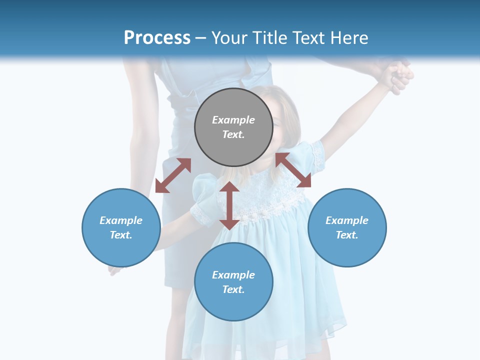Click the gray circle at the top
click(233, 127)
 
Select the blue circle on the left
click(121, 227)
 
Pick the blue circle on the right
click(347, 227)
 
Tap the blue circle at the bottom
click(233, 282)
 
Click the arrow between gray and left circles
click(173, 175)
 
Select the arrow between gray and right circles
click(293, 170)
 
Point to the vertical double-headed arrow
click(229, 205)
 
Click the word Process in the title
click(157, 37)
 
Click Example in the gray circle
click(233, 120)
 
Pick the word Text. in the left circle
click(121, 235)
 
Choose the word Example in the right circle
click(347, 220)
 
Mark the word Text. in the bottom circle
click(233, 289)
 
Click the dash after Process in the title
click(201, 37)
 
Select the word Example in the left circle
click(121, 220)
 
